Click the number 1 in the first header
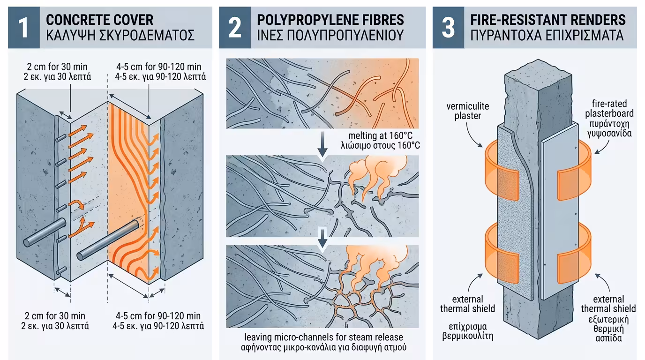pos(24,27)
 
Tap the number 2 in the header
pos(235,27)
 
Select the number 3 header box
pos(449,27)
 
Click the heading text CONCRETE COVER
pos(99,20)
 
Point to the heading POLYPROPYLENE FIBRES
pos(330,20)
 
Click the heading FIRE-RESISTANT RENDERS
pos(548,20)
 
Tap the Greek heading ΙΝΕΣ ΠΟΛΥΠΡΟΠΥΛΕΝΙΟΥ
pos(330,35)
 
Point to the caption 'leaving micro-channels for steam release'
pos(323,337)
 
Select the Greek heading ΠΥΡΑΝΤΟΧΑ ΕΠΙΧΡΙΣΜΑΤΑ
pos(548,35)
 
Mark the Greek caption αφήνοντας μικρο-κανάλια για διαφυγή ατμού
pos(323,347)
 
